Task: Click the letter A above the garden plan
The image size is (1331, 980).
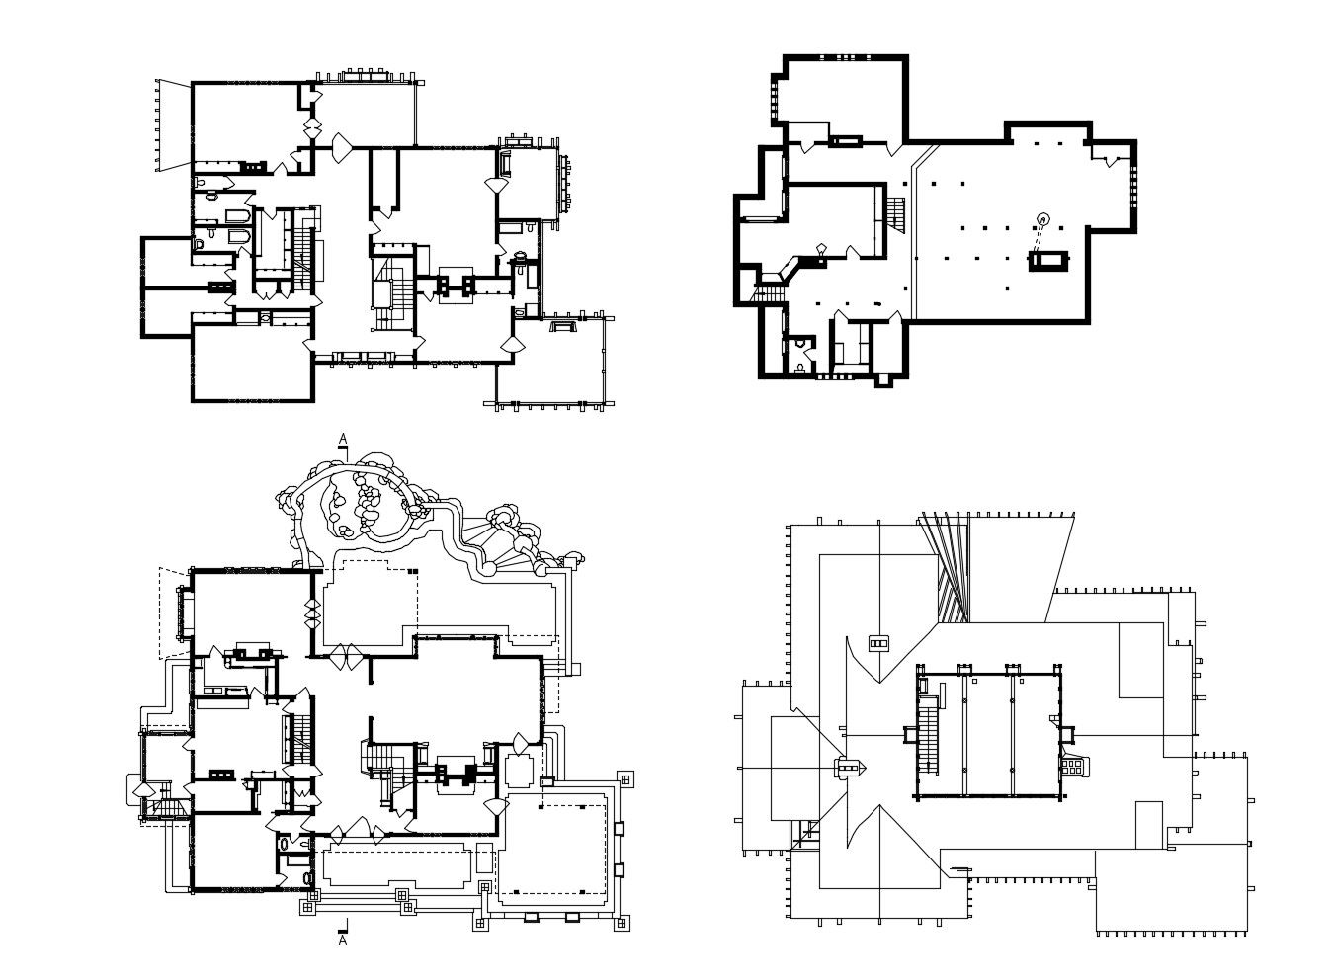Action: [x=343, y=438]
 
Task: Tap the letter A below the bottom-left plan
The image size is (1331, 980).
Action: [x=343, y=941]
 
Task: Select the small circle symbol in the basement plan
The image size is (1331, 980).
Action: [x=1041, y=218]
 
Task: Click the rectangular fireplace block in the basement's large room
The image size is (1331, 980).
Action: [x=1047, y=261]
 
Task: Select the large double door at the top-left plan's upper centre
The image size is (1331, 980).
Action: [x=342, y=148]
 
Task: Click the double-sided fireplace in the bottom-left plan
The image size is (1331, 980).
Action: [x=457, y=771]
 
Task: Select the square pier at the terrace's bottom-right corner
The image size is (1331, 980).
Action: [x=623, y=924]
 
